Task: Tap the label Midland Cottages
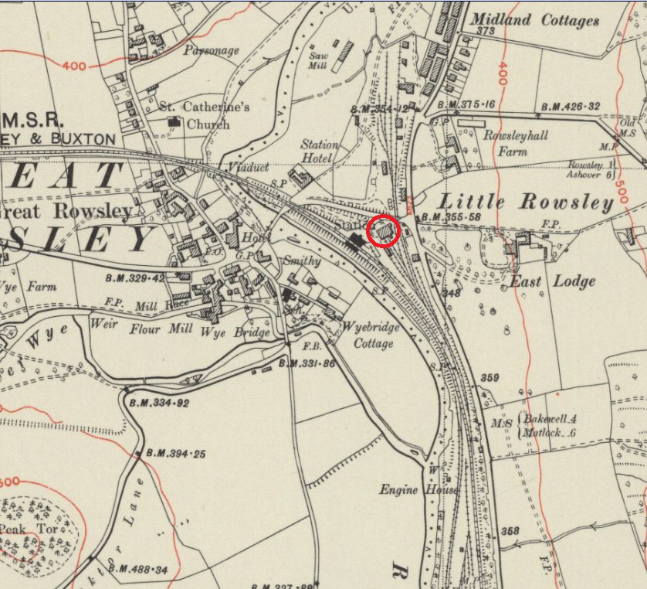tap(534, 20)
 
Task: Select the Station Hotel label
tap(320, 152)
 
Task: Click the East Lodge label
tap(552, 281)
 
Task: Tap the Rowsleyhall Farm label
tap(516, 143)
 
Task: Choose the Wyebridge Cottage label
tap(371, 335)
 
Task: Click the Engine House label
tap(408, 490)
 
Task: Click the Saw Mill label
tap(319, 61)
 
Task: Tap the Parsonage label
tap(212, 51)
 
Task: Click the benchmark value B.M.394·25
tap(172, 454)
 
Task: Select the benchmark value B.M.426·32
tap(571, 107)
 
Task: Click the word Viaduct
tap(249, 167)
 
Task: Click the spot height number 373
tap(485, 32)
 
